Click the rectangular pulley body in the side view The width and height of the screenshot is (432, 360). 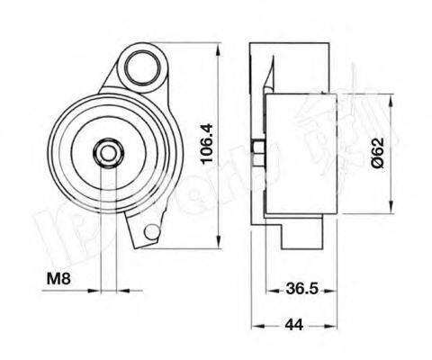pos(301,156)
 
